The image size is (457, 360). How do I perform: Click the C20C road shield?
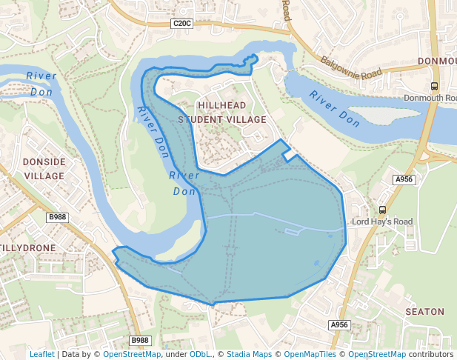click(181, 24)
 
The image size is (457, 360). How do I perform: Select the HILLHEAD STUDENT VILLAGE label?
click(222, 113)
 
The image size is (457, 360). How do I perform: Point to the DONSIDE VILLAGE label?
click(44, 168)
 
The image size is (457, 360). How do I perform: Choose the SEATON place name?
click(424, 312)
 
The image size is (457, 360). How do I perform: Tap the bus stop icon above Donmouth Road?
click(434, 86)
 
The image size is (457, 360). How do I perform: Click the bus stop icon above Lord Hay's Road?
click(382, 210)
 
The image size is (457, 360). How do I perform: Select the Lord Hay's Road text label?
click(382, 221)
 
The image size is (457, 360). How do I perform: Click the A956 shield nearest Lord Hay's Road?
click(404, 179)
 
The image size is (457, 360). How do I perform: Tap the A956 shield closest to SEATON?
click(339, 324)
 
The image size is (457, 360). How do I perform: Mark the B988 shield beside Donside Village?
click(57, 216)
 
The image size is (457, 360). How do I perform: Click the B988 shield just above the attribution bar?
click(139, 340)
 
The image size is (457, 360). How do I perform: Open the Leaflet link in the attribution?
click(41, 354)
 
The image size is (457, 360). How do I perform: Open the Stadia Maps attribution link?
click(249, 354)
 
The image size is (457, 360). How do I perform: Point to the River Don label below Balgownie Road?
click(335, 107)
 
